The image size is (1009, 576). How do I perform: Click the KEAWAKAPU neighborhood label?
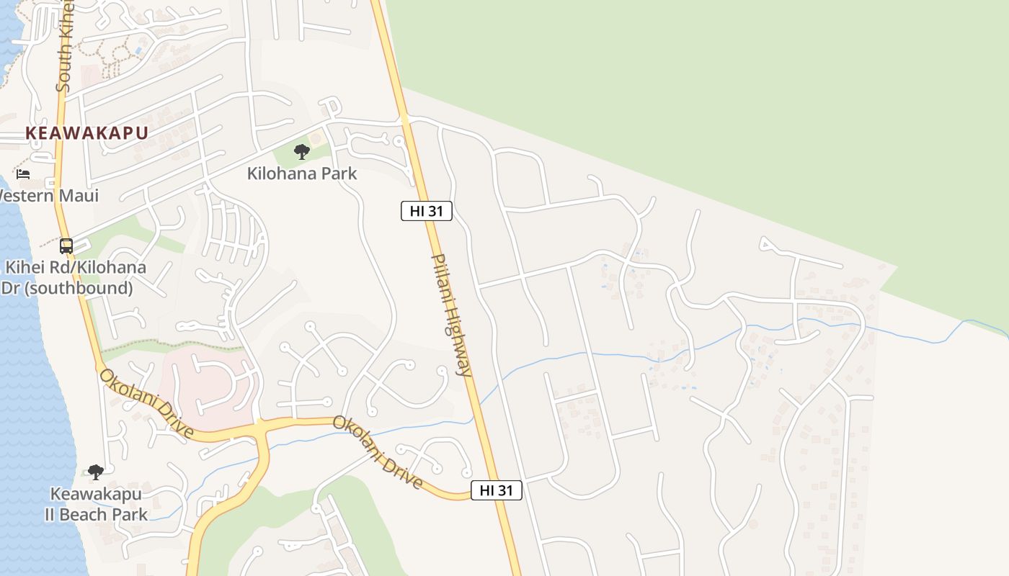(86, 133)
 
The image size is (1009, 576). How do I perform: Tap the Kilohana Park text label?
(301, 174)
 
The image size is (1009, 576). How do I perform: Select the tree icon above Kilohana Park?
(302, 151)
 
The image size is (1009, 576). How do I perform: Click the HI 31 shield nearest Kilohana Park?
(427, 211)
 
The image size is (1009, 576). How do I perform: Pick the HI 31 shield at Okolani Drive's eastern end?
(497, 490)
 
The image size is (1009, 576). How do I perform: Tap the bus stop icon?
(66, 246)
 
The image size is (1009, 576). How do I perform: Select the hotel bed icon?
(23, 174)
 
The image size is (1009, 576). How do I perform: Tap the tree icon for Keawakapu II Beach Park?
(95, 472)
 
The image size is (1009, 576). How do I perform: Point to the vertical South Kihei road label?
(65, 47)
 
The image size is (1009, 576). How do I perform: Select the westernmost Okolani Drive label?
(146, 404)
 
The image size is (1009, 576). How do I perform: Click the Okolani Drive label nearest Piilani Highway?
(377, 452)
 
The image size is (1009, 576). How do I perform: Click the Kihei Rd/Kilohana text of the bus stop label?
(76, 268)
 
